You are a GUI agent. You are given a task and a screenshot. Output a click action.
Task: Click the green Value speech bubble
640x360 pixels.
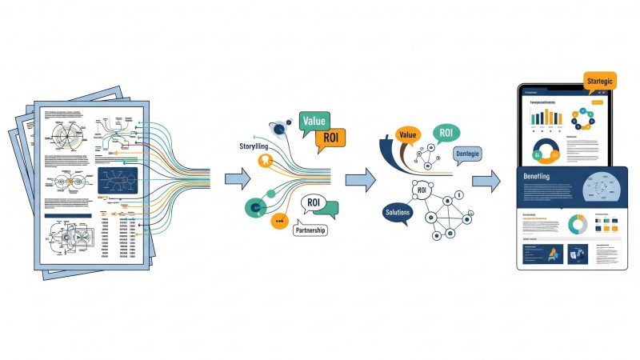point(314,121)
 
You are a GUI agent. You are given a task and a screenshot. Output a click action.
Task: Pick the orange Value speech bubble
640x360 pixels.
point(408,135)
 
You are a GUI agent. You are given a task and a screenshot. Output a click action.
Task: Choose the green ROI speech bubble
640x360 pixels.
point(447,134)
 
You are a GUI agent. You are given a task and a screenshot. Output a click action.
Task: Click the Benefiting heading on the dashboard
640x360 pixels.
point(544,176)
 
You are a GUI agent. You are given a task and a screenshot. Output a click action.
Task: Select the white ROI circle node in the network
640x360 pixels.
point(422,190)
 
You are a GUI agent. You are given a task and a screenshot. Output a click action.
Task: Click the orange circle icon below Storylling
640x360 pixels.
point(261,159)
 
